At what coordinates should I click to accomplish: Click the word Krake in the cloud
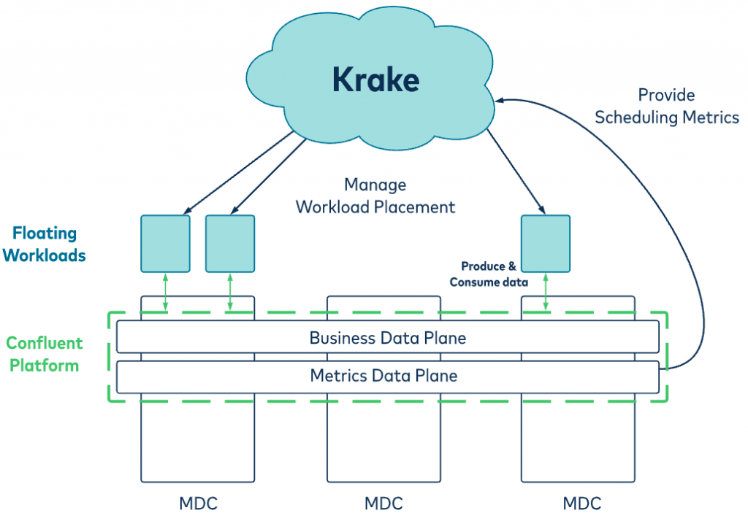tap(376, 79)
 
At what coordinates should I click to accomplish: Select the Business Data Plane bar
tap(388, 336)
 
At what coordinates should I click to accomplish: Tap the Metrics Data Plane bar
tap(388, 377)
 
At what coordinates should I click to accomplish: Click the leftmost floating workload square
tap(166, 244)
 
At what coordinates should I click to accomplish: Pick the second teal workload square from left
tap(230, 244)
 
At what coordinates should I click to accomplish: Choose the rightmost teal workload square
tap(546, 244)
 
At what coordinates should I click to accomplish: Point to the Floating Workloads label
tap(45, 244)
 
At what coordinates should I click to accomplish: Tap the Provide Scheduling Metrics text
tap(666, 106)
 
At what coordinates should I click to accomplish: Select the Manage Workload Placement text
tap(375, 196)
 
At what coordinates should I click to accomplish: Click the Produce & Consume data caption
tap(489, 274)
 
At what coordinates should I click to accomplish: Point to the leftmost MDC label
tap(198, 504)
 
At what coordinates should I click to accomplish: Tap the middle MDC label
tap(383, 504)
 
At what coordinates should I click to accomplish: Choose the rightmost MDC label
tap(581, 504)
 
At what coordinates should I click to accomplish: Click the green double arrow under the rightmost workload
tap(546, 292)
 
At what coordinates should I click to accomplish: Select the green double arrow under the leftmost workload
tap(166, 292)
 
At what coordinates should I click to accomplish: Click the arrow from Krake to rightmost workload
tap(516, 171)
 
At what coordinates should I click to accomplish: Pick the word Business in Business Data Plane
tap(343, 338)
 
